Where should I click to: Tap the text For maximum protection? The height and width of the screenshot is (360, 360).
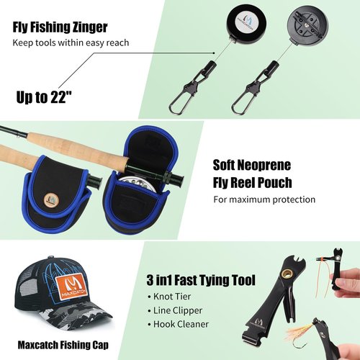click(264, 199)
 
